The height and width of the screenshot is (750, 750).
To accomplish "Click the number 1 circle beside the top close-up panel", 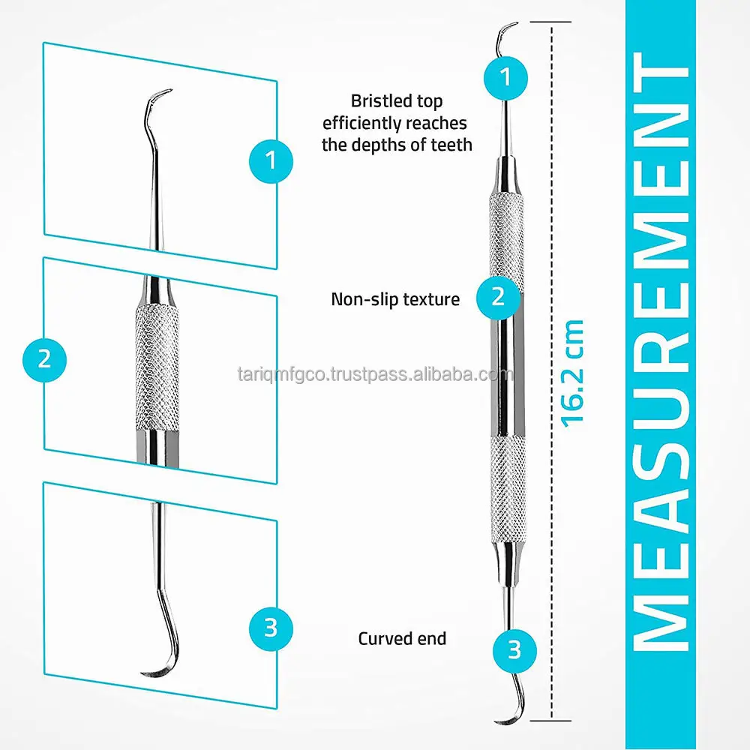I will (x=271, y=159).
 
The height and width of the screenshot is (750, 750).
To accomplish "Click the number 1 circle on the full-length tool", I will (x=505, y=76).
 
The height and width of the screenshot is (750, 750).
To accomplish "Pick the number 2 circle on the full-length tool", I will (x=499, y=297).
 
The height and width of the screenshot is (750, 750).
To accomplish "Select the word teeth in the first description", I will (x=451, y=145).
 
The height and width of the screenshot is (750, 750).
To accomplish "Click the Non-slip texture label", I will (x=395, y=299).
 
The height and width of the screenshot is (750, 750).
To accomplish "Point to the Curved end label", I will (x=402, y=639).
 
